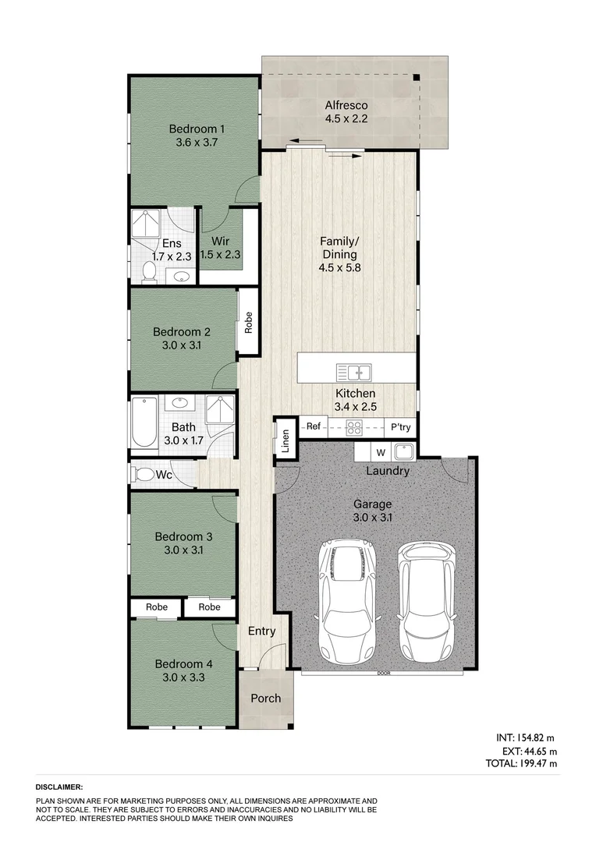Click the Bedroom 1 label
tap(197, 129)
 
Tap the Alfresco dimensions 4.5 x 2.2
tap(346, 119)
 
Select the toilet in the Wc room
tap(145, 473)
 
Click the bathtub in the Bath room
tap(144, 423)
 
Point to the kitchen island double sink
tap(353, 371)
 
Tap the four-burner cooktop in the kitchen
tap(354, 426)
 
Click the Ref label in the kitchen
tap(314, 426)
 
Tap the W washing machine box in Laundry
tap(380, 452)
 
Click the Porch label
tap(265, 698)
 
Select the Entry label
tap(261, 631)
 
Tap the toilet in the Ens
tap(148, 271)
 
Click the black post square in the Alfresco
tap(417, 77)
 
